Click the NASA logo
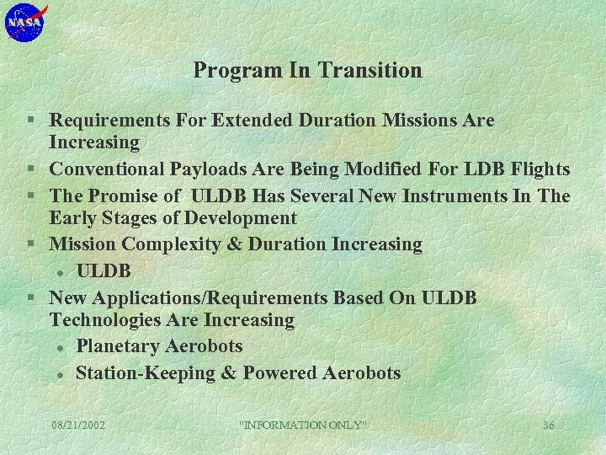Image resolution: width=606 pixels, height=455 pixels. tap(26, 23)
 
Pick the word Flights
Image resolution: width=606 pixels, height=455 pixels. tap(536, 169)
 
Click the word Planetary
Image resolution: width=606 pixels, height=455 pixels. tap(118, 346)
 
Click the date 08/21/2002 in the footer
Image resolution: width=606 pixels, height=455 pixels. tap(78, 426)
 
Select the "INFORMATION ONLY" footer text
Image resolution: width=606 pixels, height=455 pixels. tap(304, 426)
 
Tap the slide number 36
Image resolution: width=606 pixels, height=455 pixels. tap(548, 426)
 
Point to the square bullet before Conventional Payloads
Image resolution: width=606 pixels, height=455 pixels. tap(30, 170)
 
